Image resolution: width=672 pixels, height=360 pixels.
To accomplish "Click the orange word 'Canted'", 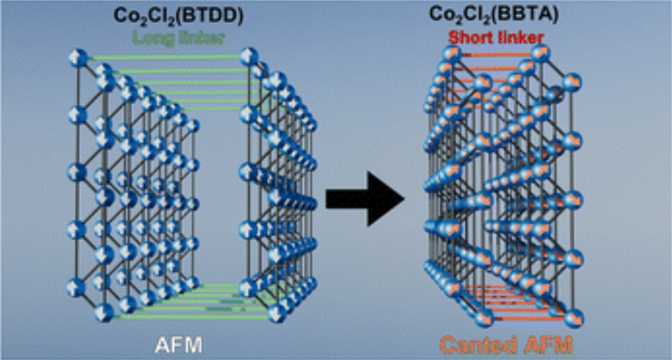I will (472, 344).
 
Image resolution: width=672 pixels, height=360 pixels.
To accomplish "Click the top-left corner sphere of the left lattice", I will (77, 58).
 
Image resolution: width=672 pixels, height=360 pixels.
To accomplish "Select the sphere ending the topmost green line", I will (250, 56).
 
